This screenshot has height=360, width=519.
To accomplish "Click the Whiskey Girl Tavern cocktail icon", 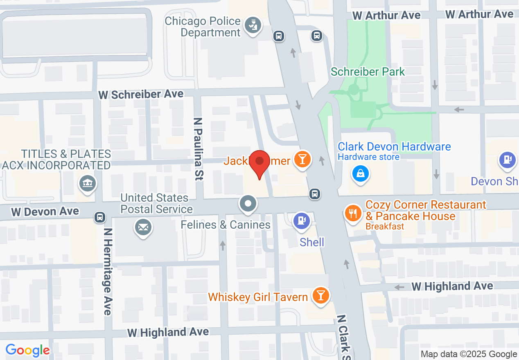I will (x=320, y=295).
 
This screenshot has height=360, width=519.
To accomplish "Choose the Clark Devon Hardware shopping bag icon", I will (x=361, y=174).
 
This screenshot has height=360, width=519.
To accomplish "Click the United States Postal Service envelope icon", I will (x=143, y=227).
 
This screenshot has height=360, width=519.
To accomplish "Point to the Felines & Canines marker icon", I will (x=248, y=204).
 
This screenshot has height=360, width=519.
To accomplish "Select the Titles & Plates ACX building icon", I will (x=88, y=184).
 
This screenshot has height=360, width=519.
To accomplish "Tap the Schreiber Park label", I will (x=368, y=72).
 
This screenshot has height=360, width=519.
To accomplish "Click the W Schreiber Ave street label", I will (x=141, y=94).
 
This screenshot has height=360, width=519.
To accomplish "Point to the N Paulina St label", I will (x=199, y=149).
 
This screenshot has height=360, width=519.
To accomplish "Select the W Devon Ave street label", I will (x=45, y=212).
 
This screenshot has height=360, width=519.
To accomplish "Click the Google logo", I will (x=28, y=351).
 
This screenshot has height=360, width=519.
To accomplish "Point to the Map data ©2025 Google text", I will (x=469, y=354).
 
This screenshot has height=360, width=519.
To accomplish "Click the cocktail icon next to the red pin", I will (x=302, y=159).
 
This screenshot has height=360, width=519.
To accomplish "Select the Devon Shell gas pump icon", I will (x=508, y=160).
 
